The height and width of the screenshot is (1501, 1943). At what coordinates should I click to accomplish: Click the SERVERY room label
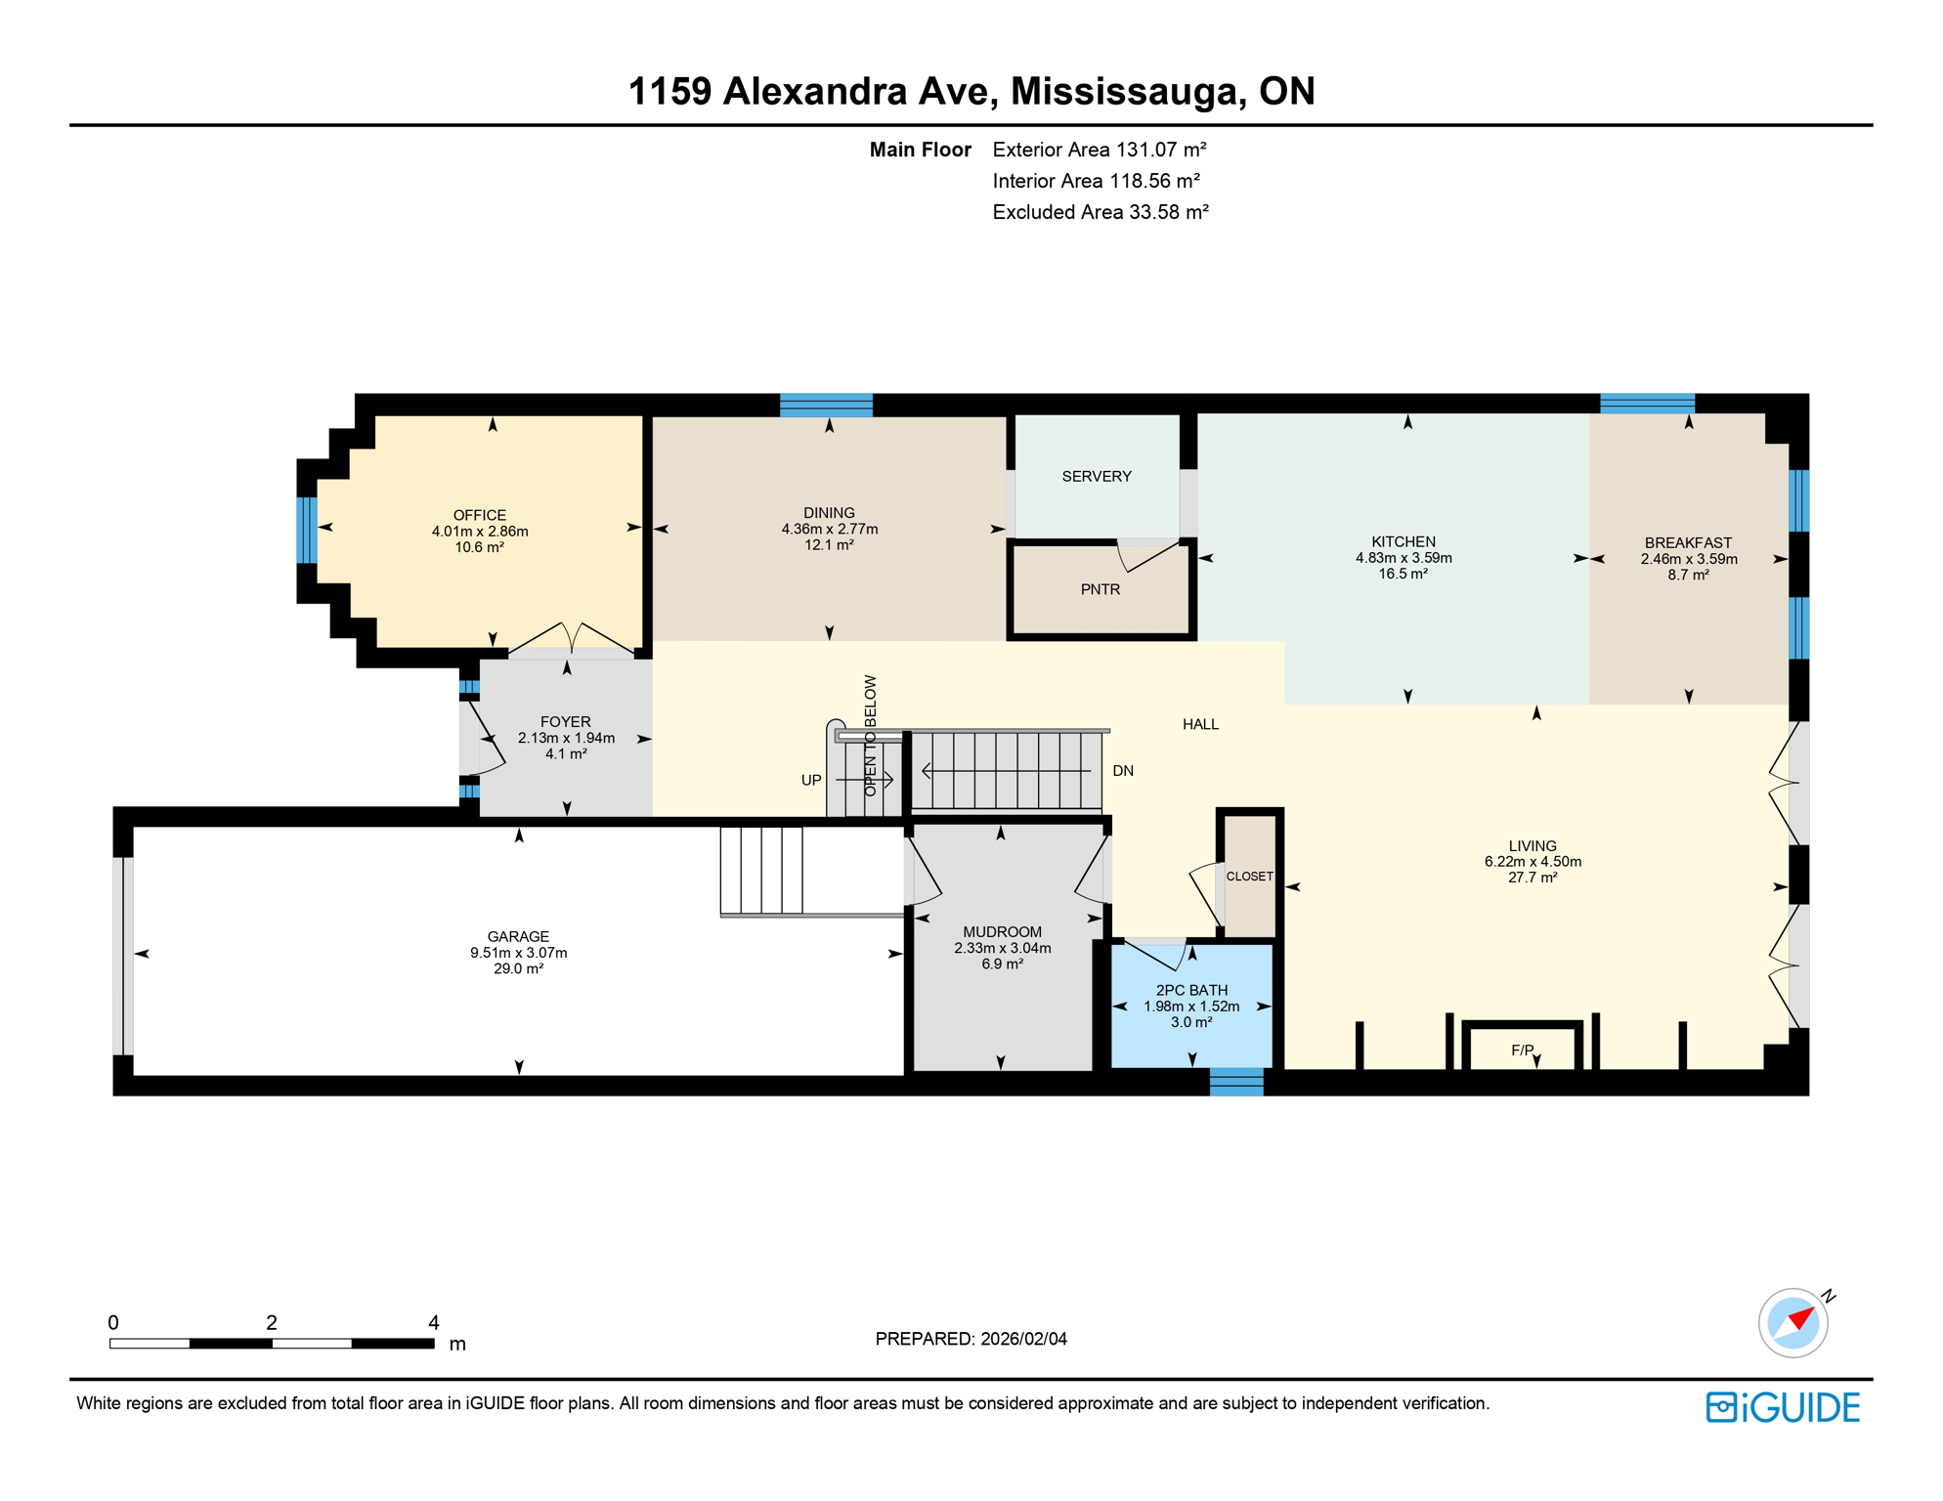1096,476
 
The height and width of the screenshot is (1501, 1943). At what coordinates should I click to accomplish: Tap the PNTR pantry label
1100,589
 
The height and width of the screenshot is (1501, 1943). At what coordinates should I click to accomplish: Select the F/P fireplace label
1522,1051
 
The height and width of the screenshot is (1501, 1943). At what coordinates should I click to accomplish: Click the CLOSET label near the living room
1249,877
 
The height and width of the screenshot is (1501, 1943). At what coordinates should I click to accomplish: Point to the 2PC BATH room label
1190,990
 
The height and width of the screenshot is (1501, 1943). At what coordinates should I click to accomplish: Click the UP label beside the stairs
810,780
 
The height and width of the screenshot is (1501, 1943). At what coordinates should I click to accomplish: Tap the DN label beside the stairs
1122,771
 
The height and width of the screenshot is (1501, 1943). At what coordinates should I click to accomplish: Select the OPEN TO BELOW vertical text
870,735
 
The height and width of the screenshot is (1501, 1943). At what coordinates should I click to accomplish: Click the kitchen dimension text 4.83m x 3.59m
1403,558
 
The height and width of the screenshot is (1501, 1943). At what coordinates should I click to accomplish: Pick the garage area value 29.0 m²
518,968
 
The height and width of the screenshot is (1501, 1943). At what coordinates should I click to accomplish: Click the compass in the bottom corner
1792,1323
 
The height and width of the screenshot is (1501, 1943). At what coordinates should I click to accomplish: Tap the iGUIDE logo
1782,1407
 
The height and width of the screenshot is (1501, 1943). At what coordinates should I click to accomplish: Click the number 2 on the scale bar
272,1323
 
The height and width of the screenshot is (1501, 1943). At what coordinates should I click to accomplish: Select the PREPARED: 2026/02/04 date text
971,1339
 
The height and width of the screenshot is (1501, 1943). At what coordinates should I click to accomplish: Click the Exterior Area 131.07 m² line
1099,150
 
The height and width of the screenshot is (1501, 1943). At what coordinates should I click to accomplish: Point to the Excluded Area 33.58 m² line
1100,212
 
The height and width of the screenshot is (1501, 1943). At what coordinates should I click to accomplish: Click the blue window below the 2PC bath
1235,1082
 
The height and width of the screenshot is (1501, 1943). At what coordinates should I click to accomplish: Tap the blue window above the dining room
826,405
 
